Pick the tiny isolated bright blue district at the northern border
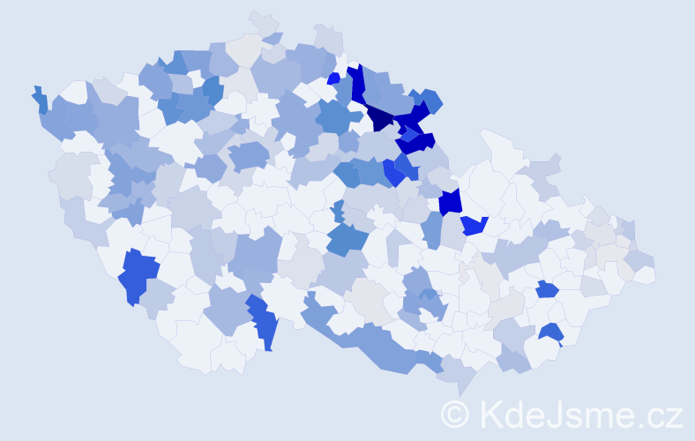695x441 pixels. click(333, 78)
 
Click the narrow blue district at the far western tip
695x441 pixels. click(40, 99)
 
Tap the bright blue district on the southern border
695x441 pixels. click(265, 322)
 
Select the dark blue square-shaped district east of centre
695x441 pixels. click(451, 201)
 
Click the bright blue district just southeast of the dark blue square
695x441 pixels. click(475, 226)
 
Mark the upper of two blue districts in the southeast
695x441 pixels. click(546, 289)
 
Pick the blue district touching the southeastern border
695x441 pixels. click(552, 333)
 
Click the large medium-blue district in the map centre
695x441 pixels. click(347, 238)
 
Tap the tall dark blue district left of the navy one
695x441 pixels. click(358, 84)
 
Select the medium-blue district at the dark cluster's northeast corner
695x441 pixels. click(431, 100)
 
